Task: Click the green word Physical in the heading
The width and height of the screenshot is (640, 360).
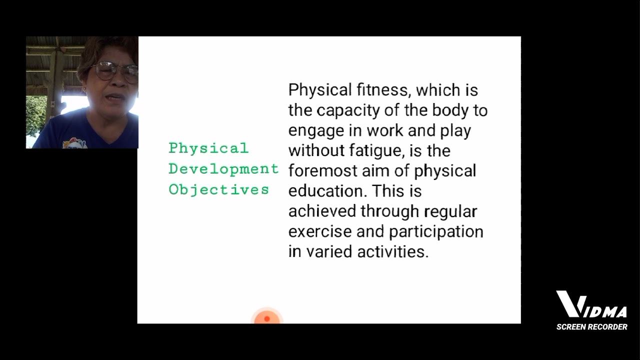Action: [x=208, y=148]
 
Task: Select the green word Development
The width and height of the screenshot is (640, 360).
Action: [x=223, y=169]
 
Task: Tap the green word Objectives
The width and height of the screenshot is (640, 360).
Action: [x=218, y=190]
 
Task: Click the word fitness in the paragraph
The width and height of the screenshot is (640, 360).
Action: [x=383, y=90]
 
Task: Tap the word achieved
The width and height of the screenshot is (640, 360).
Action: [x=322, y=211]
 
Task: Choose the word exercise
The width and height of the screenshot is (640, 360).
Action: [x=320, y=231]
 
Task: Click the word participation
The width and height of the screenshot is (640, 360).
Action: [x=436, y=231]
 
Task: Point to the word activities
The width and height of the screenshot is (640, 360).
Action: [x=393, y=251]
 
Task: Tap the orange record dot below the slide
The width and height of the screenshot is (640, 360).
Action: [x=267, y=318]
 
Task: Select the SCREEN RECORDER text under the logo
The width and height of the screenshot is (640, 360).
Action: [x=591, y=327]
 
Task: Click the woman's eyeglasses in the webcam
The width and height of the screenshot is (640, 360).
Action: [x=116, y=71]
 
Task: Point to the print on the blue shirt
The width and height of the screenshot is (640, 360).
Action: [x=75, y=143]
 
